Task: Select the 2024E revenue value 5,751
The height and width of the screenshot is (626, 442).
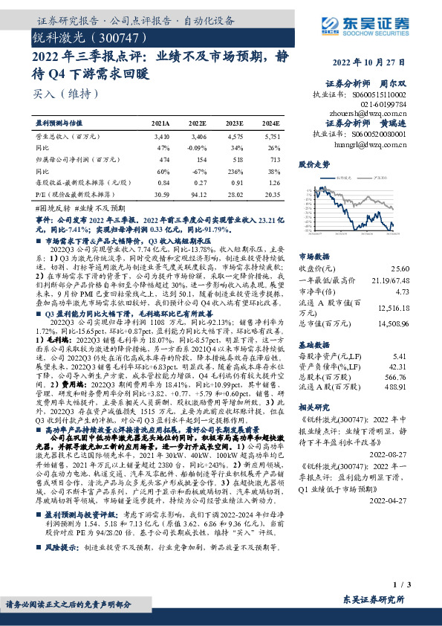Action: coord(271,137)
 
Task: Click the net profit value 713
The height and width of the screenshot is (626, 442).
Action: coord(274,159)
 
